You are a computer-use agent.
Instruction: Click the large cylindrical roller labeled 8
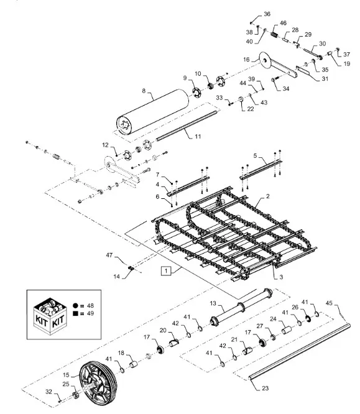click(x=152, y=110)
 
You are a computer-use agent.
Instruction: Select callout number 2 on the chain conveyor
click(x=267, y=196)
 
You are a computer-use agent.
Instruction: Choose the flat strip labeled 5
click(x=256, y=163)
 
